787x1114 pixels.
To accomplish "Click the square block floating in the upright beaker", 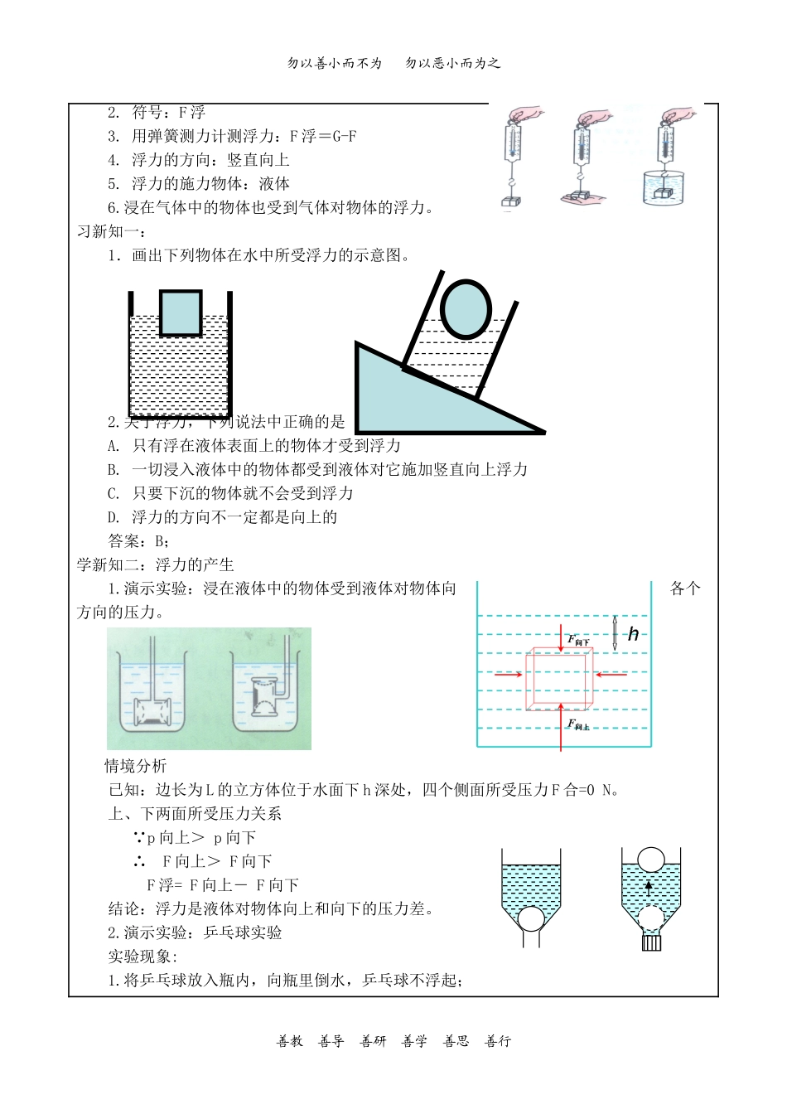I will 180,312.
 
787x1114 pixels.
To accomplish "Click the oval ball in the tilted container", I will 466,308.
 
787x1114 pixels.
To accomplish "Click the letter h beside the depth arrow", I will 633,635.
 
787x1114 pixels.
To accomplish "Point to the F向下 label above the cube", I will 578,641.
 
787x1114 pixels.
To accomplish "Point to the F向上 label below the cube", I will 578,725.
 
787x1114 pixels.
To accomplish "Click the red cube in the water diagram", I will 559,678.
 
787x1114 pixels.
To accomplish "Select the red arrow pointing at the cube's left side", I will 508,675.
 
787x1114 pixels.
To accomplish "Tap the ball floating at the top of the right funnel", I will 651,860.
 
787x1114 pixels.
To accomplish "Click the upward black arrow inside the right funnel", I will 649,889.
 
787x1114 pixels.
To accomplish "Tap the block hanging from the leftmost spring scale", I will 510,201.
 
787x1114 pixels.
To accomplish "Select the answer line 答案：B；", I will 139,541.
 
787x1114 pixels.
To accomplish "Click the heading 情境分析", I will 135,766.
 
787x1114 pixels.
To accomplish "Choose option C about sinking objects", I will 230,493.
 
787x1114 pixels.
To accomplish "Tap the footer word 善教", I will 290,1041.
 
